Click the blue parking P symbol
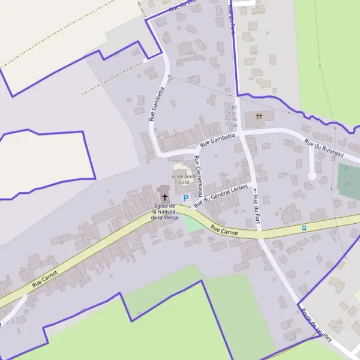[x=185, y=198]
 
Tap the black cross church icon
[x=164, y=196]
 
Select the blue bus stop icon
[x=304, y=228]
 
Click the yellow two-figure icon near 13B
[x=259, y=116]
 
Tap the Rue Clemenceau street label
[x=199, y=177]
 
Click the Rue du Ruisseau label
[x=327, y=149]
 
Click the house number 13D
[x=232, y=107]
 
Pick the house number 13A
[x=232, y=125]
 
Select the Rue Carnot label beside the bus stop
[x=225, y=229]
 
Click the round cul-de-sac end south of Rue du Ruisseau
[x=311, y=175]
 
